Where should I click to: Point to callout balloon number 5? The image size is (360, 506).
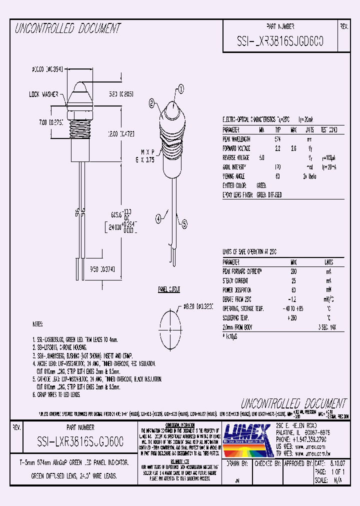click(x=184, y=225)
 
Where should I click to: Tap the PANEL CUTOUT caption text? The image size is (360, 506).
click(x=169, y=289)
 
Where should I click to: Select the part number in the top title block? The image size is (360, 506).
click(x=280, y=42)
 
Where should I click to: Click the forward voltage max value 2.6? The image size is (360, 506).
click(x=293, y=148)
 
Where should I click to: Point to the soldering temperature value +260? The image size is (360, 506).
click(x=292, y=317)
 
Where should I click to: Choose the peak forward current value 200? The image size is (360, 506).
click(x=293, y=271)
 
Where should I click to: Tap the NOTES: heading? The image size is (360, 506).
click(x=38, y=324)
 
